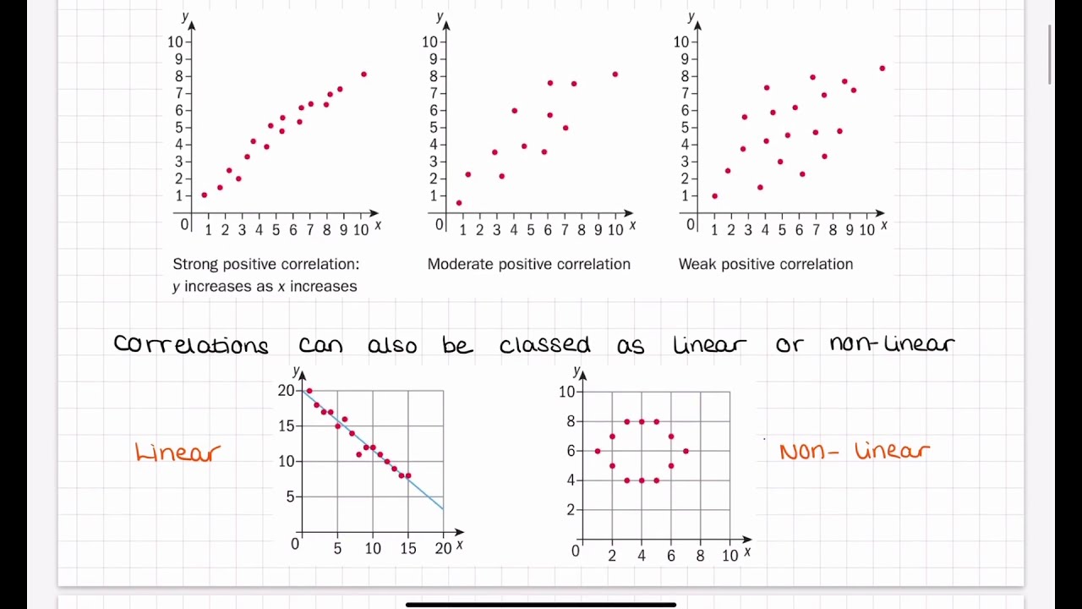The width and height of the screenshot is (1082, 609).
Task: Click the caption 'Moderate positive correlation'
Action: pos(528,264)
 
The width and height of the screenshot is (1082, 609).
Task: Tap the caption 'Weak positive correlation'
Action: pos(765,264)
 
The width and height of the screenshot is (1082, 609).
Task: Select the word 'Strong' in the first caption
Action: pos(195,264)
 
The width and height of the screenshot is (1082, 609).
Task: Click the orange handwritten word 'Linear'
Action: pos(178,453)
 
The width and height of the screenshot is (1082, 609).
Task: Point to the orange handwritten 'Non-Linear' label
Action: pos(854,451)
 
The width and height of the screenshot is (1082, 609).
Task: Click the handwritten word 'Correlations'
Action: pos(191,344)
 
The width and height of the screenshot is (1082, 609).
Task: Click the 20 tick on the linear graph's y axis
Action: pos(287,391)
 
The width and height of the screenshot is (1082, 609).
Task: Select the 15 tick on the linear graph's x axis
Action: pos(408,548)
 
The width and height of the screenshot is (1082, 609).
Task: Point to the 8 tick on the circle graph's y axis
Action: pos(571,421)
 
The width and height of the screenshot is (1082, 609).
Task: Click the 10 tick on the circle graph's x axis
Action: pos(730,555)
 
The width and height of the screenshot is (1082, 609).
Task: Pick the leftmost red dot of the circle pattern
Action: pos(598,451)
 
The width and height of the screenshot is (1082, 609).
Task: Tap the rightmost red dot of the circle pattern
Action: pos(686,451)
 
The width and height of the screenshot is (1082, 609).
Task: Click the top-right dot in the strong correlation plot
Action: pos(363,74)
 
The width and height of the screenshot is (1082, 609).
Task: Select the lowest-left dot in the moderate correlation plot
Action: pos(459,203)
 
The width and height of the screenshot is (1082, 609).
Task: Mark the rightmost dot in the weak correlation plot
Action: pos(883,69)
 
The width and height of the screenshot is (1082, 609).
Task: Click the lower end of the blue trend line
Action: pos(442,508)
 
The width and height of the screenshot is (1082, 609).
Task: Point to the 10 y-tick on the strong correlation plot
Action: pos(175,41)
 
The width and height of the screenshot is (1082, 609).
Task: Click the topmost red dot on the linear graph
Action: pos(309,391)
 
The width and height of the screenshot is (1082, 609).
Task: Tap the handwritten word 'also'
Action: pos(392,344)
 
